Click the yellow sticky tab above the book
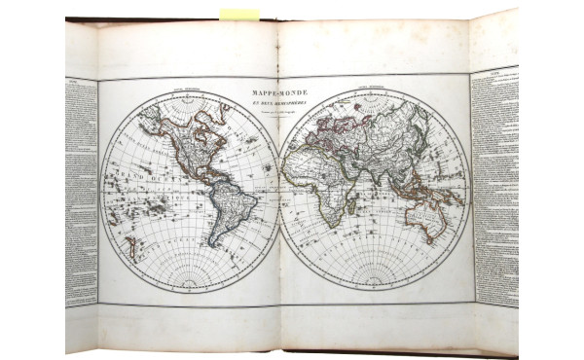239,14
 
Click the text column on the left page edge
81,190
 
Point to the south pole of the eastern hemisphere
376,285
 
